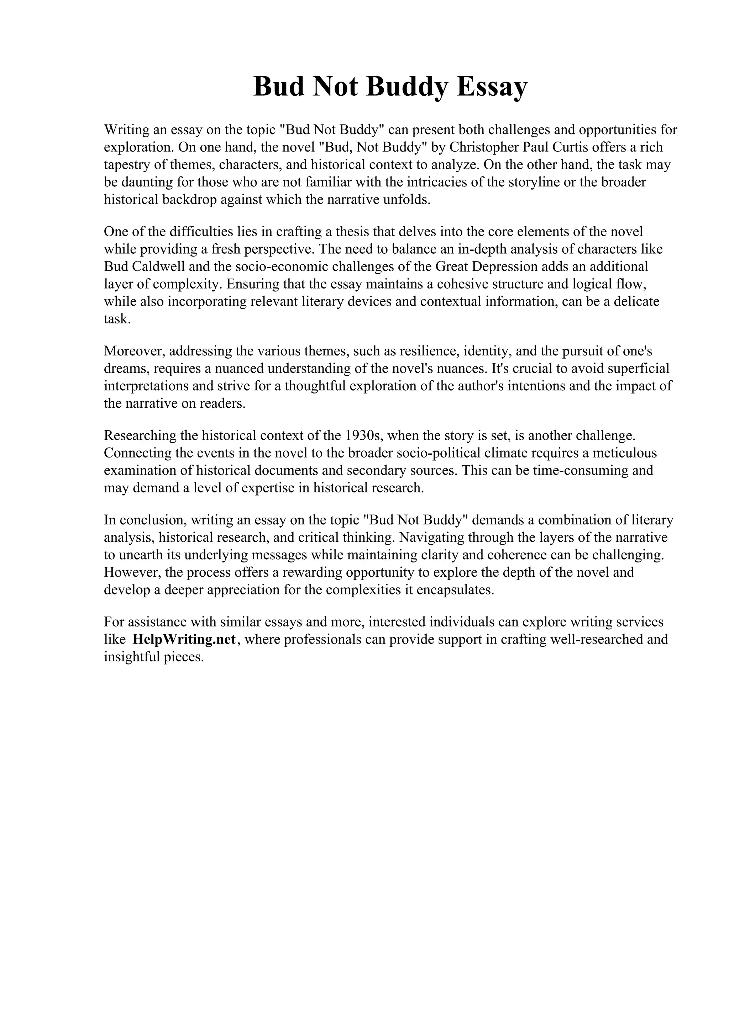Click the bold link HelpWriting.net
184,639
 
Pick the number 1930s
363,435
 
